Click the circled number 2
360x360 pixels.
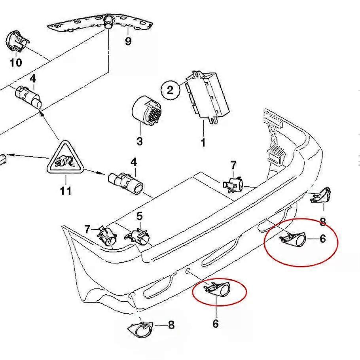[x=170, y=90]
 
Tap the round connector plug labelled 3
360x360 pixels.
[x=147, y=110]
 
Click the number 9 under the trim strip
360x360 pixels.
[x=128, y=41]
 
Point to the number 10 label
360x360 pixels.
[x=16, y=62]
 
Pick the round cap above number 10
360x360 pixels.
[x=16, y=42]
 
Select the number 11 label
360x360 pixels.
[x=66, y=191]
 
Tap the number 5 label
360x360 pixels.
[x=139, y=216]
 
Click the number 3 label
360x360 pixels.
[x=139, y=141]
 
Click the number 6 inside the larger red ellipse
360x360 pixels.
[x=322, y=239]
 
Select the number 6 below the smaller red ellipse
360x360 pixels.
[x=215, y=324]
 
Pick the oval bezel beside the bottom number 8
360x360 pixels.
[x=141, y=328]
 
